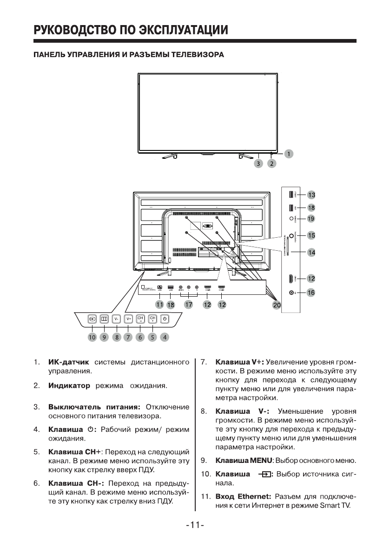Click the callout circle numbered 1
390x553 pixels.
pos(289,153)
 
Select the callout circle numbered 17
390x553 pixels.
pos(189,305)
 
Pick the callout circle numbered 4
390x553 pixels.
pos(165,338)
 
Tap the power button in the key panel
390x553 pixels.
pos(164,319)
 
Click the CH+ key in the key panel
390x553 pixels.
pos(152,319)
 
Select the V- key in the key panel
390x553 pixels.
pos(116,319)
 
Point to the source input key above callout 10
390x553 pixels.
pos(92,319)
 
